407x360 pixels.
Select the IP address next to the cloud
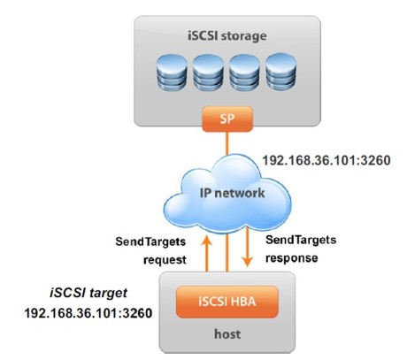tap(326, 162)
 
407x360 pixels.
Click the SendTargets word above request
tap(153, 241)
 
